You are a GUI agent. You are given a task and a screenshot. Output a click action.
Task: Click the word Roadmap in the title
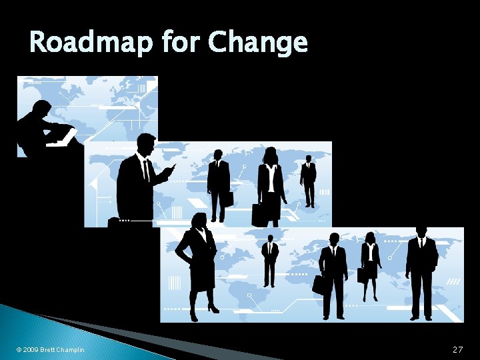(x=91, y=43)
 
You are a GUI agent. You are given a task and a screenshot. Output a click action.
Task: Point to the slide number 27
(x=457, y=349)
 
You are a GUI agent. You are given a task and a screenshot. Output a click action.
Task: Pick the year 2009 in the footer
(x=30, y=350)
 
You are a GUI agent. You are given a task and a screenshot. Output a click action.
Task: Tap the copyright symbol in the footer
(x=18, y=350)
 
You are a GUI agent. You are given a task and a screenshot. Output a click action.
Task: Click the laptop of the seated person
(x=63, y=137)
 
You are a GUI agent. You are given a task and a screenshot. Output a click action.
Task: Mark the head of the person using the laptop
(x=43, y=108)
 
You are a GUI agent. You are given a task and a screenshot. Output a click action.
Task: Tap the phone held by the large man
(x=173, y=166)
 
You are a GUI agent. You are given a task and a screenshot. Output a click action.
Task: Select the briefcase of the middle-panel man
(x=228, y=198)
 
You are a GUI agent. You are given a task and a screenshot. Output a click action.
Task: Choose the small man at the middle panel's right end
(x=308, y=180)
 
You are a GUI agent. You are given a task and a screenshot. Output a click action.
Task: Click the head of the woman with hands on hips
(x=199, y=222)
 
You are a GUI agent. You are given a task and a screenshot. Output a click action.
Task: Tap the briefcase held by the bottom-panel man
(x=319, y=285)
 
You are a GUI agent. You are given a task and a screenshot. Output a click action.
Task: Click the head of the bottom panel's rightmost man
(x=421, y=231)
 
